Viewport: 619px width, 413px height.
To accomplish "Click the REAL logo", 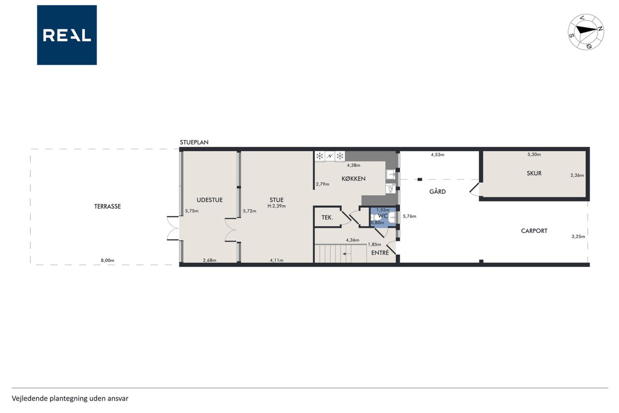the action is (67, 35).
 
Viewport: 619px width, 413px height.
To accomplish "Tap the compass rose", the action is (586, 32).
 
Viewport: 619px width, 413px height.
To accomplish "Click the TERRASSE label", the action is (107, 206).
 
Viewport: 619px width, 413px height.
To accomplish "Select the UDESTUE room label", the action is (209, 200).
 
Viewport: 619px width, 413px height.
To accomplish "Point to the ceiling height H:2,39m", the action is (276, 206).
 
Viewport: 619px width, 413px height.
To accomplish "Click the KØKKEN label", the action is (354, 179).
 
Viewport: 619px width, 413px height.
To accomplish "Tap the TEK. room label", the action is (327, 218).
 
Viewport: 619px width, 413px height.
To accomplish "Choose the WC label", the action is (383, 216).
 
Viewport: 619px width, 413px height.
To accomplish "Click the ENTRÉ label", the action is (380, 253).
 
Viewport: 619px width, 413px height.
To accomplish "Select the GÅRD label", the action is (438, 191).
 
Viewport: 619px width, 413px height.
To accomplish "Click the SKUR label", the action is (534, 173).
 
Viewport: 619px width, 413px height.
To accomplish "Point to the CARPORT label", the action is (534, 230).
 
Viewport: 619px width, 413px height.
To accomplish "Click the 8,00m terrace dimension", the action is (107, 260).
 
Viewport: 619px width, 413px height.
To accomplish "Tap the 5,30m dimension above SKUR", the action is (534, 154).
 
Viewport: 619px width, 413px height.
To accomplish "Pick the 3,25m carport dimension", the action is (578, 236).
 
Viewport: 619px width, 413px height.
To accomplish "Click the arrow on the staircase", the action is (347, 254).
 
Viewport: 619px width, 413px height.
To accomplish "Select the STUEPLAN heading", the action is (194, 142).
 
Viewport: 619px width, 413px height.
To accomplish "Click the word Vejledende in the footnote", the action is (29, 398).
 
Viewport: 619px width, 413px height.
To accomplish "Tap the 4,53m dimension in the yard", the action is (438, 154).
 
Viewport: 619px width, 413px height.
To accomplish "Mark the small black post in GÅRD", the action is (420, 180).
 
